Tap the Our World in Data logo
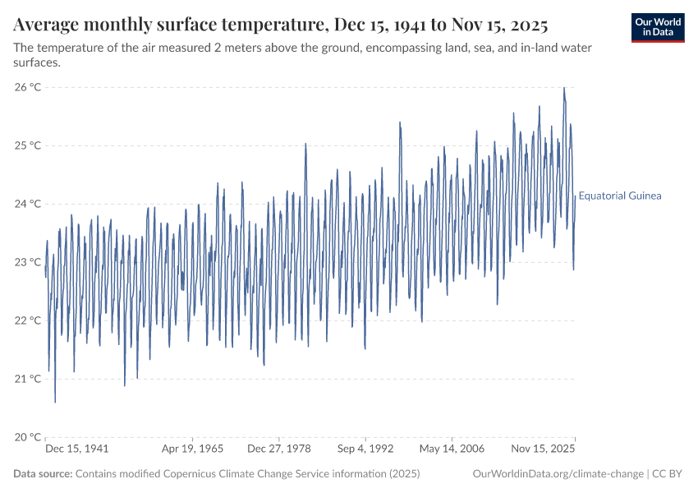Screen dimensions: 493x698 tap(658, 26)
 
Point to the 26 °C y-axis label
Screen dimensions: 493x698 tap(28, 87)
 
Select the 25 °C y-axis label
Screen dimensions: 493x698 tap(28, 145)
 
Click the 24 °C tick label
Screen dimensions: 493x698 tap(28, 204)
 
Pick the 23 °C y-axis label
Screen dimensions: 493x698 tap(28, 262)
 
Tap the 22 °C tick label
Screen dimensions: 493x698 tap(28, 320)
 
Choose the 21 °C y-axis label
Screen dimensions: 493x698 tap(28, 379)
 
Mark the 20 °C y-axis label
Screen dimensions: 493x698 tap(28, 437)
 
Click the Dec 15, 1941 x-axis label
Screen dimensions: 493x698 tap(77, 449)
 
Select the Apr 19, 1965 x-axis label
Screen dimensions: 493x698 tap(192, 449)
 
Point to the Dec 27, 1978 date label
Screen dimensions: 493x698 tap(278, 449)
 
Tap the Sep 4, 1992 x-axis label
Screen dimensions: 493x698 tap(365, 449)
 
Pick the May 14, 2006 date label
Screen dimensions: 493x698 tap(452, 449)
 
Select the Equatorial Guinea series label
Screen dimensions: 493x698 tap(620, 196)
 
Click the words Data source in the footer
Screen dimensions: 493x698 tap(43, 474)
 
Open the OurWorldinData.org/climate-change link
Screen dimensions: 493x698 tap(558, 474)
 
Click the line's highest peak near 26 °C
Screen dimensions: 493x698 tap(564, 88)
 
